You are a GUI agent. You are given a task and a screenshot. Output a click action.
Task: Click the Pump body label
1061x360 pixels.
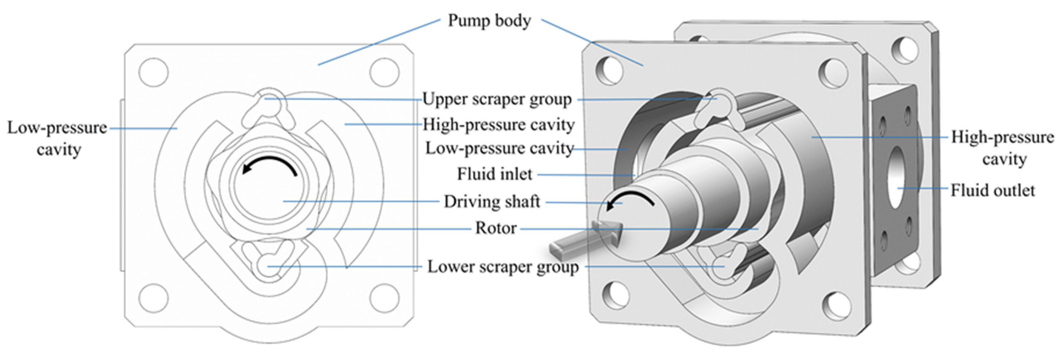coord(489,21)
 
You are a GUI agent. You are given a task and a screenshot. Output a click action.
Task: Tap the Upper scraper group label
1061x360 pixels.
coord(497,99)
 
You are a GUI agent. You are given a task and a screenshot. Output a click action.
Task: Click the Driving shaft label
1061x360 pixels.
coord(491,202)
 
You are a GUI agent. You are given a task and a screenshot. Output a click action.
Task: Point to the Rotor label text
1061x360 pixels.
coord(496,228)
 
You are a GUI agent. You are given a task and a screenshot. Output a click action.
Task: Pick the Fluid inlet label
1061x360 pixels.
coord(495,174)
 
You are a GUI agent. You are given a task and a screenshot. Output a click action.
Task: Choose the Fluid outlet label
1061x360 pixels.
coord(993,190)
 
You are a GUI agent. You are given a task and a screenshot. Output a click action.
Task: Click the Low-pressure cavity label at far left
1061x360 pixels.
coord(57,138)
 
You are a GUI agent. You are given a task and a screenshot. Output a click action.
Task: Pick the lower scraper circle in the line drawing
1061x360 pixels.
coord(268,266)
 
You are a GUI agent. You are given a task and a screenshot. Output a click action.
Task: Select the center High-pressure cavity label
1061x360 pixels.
coord(498,124)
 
